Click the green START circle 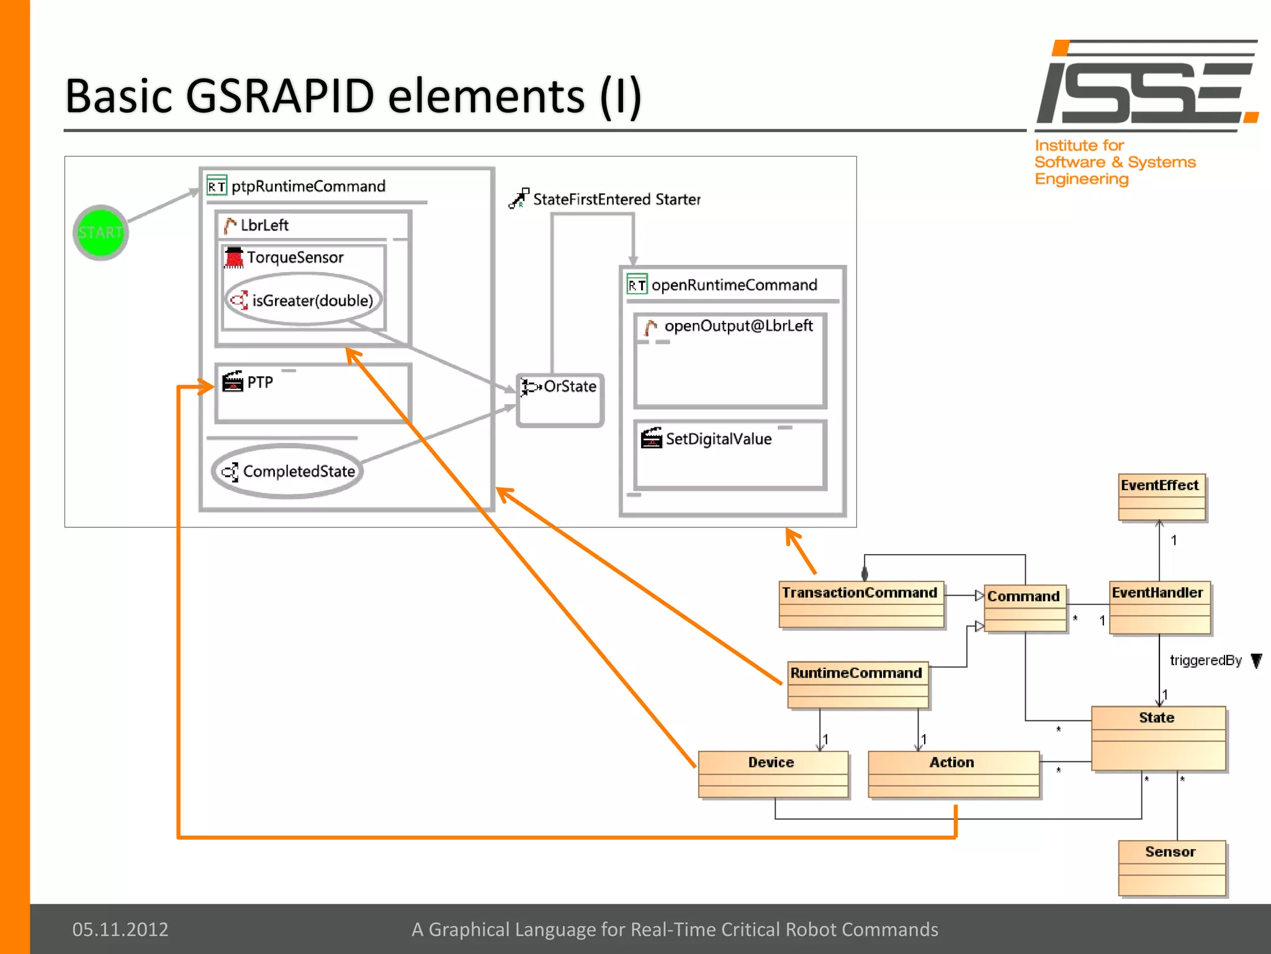101,232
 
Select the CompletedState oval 287,471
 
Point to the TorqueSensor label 295,257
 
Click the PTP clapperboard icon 233,381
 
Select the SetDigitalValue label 719,439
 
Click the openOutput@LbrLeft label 738,325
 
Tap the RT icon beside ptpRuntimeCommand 217,186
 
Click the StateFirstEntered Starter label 616,199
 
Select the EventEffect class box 1161,497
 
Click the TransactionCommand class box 861,604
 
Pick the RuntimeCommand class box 858,684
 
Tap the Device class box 773,773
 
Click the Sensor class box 1171,867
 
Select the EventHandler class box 1159,607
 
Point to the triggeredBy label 1205,660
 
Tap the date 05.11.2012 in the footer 120,929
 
